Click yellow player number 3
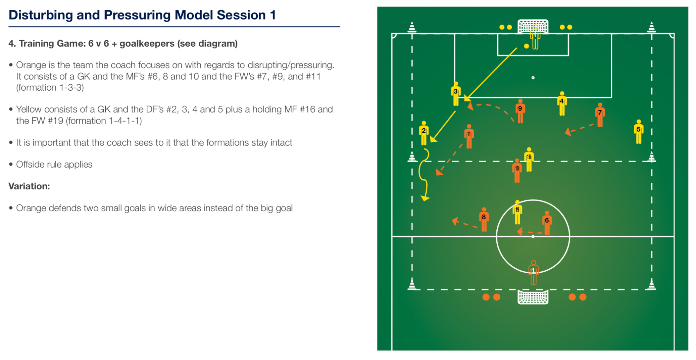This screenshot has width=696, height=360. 456,94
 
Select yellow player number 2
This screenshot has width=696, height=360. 424,133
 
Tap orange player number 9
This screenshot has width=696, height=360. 520,111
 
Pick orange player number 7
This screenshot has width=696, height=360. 600,115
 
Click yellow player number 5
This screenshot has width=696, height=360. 639,132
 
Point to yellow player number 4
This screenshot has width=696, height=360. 562,104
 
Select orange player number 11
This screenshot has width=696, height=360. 469,136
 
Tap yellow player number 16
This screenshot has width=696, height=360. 529,160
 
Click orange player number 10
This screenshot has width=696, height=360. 517,171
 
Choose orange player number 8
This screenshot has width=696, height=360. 484,220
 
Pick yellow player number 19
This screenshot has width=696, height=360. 517,212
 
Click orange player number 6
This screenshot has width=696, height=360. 547,223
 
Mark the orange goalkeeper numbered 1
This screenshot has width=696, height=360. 534,273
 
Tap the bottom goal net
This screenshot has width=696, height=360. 533,297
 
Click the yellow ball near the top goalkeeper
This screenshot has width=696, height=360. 527,46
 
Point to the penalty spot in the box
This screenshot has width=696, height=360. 533,78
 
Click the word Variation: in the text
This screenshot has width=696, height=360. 29,186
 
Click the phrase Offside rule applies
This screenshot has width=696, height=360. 54,164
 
